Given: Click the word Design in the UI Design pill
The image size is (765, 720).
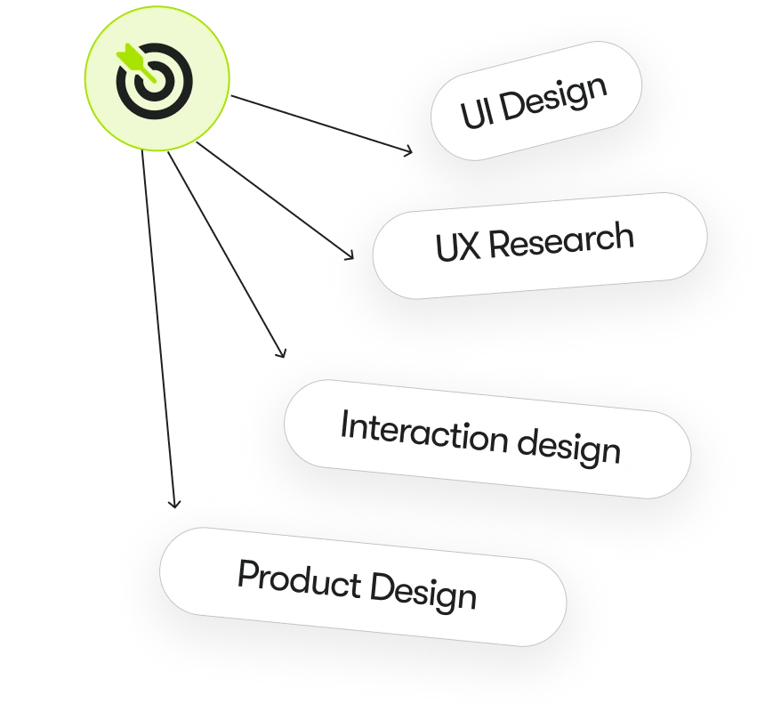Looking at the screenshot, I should point(551,99).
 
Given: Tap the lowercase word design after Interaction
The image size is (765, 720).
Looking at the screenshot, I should point(569,446).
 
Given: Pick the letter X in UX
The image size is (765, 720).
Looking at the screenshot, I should point(470,246).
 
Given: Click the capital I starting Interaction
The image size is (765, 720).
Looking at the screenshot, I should point(344,425).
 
